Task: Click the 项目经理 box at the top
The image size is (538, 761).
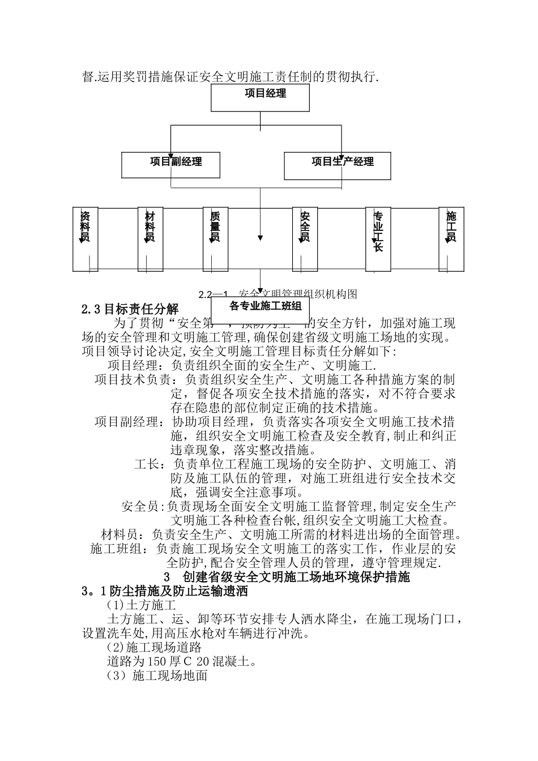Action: (x=260, y=94)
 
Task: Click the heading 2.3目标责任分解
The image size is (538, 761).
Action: (x=130, y=309)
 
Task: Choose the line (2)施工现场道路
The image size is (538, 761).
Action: (x=154, y=648)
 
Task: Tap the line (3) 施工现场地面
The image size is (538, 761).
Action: (x=157, y=676)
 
